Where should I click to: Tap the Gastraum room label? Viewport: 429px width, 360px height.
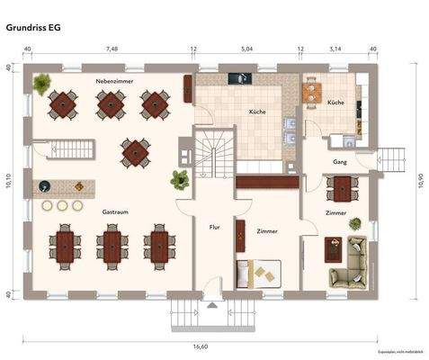pos(115,211)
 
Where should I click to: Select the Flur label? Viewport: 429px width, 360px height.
pos(215,227)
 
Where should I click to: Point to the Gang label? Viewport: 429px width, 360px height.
pos(340,162)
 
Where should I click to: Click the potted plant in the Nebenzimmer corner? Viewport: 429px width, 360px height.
pos(40,85)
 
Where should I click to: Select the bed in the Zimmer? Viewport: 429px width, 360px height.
pos(258,271)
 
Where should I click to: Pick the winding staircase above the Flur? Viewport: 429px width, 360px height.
pos(214,148)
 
